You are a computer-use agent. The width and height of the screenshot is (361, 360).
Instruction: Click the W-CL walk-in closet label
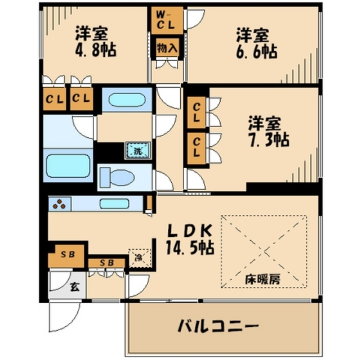pyautogui.click(x=166, y=19)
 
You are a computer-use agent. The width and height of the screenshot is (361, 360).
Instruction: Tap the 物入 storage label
pyautogui.click(x=167, y=48)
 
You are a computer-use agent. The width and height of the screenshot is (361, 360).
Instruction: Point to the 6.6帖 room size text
pyautogui.click(x=256, y=51)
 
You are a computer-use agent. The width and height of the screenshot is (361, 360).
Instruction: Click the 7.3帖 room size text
pyautogui.click(x=269, y=139)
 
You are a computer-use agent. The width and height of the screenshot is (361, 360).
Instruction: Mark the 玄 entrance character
pyautogui.click(x=74, y=285)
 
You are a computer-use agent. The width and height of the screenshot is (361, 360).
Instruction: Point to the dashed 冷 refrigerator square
pyautogui.click(x=139, y=259)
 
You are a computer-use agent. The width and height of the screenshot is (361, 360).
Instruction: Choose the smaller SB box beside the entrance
pyautogui.click(x=107, y=263)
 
